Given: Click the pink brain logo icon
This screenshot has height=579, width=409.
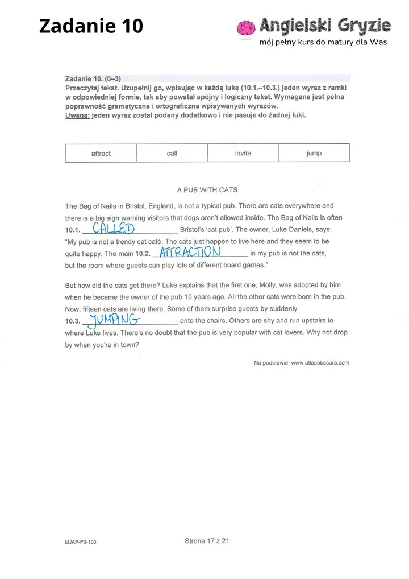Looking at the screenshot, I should (x=246, y=28).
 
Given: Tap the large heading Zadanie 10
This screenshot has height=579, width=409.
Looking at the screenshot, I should (x=91, y=26).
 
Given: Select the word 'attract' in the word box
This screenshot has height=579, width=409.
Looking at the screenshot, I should (x=101, y=154).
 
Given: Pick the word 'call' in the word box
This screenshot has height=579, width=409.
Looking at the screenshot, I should (x=172, y=154).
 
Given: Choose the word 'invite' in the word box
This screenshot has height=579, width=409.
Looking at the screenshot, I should (x=243, y=154).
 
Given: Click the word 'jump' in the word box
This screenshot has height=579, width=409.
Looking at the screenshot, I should (x=314, y=154).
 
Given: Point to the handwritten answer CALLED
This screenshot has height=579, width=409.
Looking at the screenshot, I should (x=114, y=229).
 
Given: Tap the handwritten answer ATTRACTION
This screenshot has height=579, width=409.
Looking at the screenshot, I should (x=190, y=252).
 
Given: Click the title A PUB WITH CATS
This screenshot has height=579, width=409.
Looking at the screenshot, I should (x=207, y=190).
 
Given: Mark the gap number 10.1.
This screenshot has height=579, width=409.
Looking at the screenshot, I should (x=73, y=230).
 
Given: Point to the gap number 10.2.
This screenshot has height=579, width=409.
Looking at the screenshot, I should (x=141, y=254).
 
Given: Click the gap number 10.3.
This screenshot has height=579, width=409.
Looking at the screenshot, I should (x=73, y=321).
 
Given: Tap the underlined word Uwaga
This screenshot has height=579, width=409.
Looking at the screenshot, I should (x=77, y=115).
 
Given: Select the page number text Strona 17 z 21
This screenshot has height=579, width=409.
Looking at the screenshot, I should (x=207, y=541).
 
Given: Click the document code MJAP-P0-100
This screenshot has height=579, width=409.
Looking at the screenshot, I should (x=80, y=542).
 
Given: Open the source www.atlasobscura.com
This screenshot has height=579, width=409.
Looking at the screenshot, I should (x=320, y=362).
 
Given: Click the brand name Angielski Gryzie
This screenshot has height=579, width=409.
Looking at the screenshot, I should (x=325, y=26).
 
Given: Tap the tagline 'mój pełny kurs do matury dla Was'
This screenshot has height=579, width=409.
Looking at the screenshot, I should (x=323, y=43).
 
